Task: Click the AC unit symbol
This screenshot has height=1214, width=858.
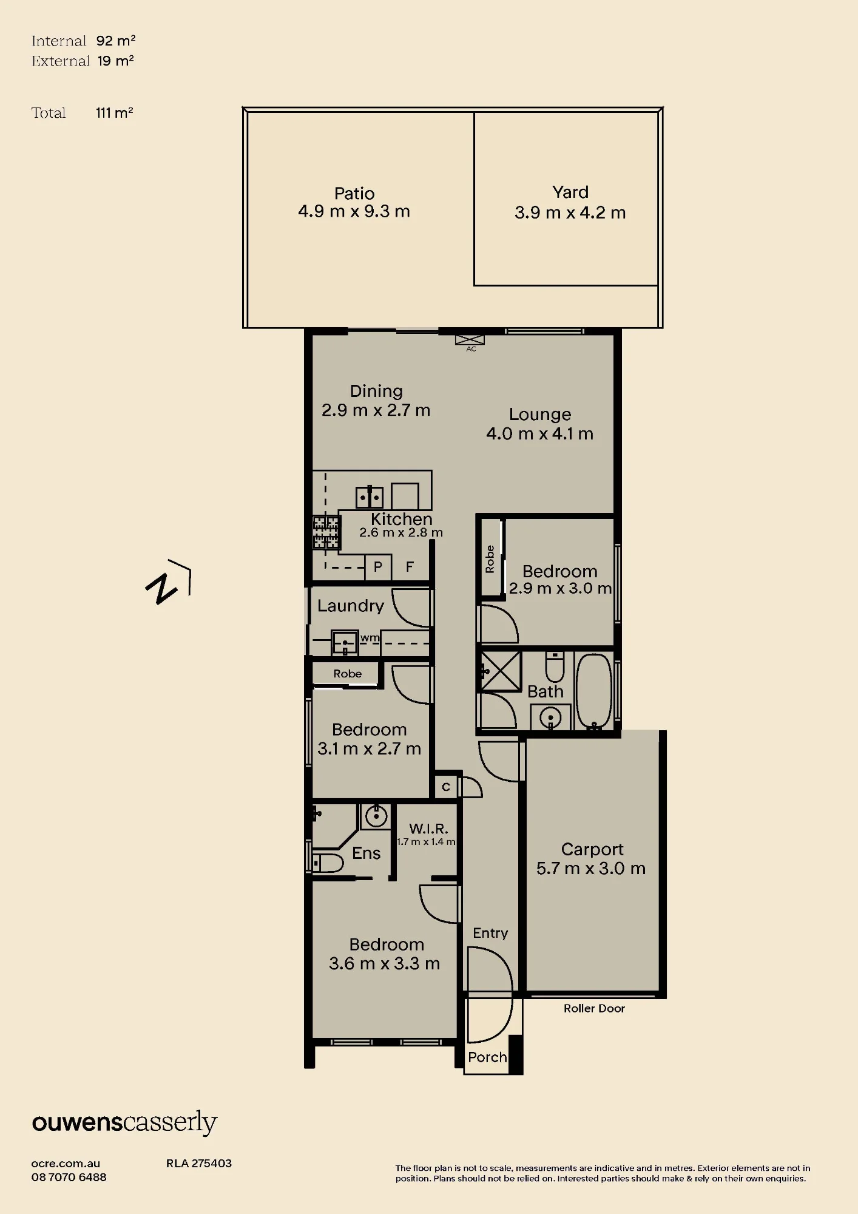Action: (470, 339)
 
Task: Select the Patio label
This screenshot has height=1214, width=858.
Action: (354, 194)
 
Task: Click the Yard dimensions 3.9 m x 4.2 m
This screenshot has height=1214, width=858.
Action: (570, 213)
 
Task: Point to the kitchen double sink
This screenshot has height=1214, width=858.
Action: (369, 497)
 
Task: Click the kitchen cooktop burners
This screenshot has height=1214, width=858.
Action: (326, 532)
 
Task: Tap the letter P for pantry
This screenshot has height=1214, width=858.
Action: (378, 567)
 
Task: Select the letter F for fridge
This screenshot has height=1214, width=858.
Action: (410, 567)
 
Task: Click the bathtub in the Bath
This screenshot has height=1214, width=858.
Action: (594, 691)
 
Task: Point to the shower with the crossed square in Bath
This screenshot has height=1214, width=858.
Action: (501, 671)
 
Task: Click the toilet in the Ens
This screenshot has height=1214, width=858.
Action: (328, 862)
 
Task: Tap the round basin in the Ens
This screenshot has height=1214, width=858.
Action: (376, 816)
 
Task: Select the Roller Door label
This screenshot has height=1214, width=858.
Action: (594, 1008)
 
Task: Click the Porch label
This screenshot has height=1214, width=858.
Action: (487, 1057)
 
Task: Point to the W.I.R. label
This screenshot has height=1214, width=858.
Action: (428, 829)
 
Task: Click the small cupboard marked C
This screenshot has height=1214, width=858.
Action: (446, 787)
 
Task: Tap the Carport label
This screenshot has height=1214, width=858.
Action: (592, 849)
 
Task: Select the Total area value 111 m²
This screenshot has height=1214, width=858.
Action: (115, 113)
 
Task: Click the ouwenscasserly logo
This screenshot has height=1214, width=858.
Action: (124, 1123)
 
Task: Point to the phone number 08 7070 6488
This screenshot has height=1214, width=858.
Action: (69, 1177)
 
